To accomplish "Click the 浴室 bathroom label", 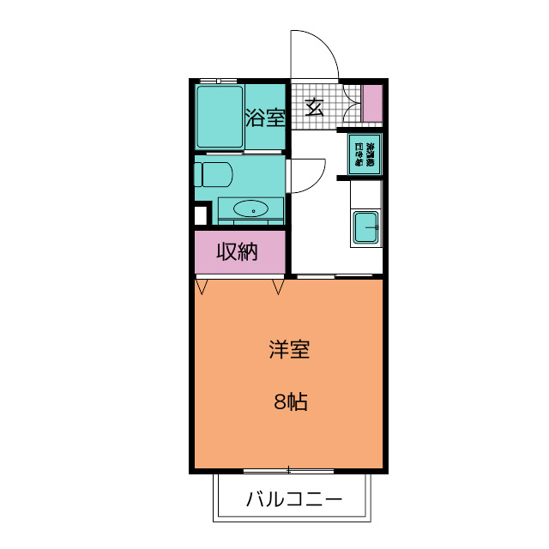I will pos(265,118).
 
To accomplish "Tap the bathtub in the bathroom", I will pos(219,117).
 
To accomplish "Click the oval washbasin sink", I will pos(250,208).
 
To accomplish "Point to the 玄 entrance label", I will pos(315,107).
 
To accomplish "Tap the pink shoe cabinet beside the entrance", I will pos(371,104).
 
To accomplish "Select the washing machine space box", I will pos(365,154).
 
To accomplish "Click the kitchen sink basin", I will pos(367,228).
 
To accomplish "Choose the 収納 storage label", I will pos(237,252).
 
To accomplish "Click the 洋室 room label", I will pos(288,349).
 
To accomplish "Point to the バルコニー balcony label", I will pos(294,499).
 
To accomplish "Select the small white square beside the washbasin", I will pos(202,215).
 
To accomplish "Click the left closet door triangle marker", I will pos(202,287).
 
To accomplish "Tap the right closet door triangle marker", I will pos(278,287).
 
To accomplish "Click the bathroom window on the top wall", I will pos(219,81).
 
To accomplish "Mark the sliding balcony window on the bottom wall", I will pos(288,470).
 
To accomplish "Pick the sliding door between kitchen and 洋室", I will pos(338,276).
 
